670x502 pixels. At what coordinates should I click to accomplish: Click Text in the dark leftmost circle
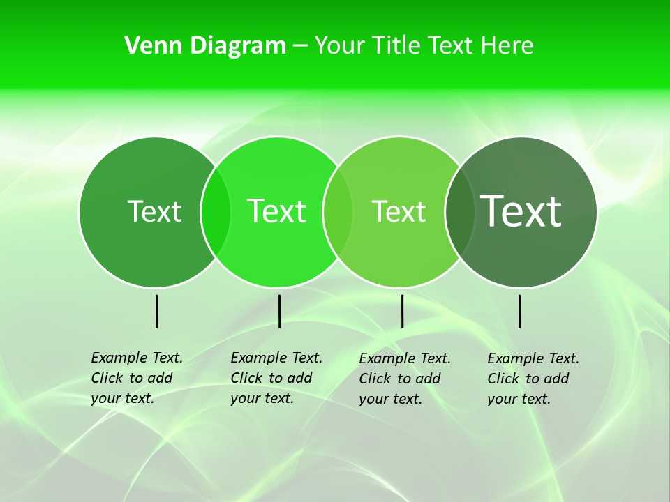154,211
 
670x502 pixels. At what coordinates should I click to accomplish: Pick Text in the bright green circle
277,211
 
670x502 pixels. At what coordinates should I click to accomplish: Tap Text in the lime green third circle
399,211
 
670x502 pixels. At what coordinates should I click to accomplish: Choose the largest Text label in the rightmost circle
521,211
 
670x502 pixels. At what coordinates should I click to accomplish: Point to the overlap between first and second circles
216,212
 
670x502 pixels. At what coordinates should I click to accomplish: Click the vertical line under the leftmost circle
157,311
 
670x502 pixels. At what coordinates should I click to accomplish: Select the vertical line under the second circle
279,311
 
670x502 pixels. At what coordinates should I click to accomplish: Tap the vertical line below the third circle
402,311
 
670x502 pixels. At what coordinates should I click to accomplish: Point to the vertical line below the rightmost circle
519,311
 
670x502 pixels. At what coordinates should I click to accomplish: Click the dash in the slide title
300,46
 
